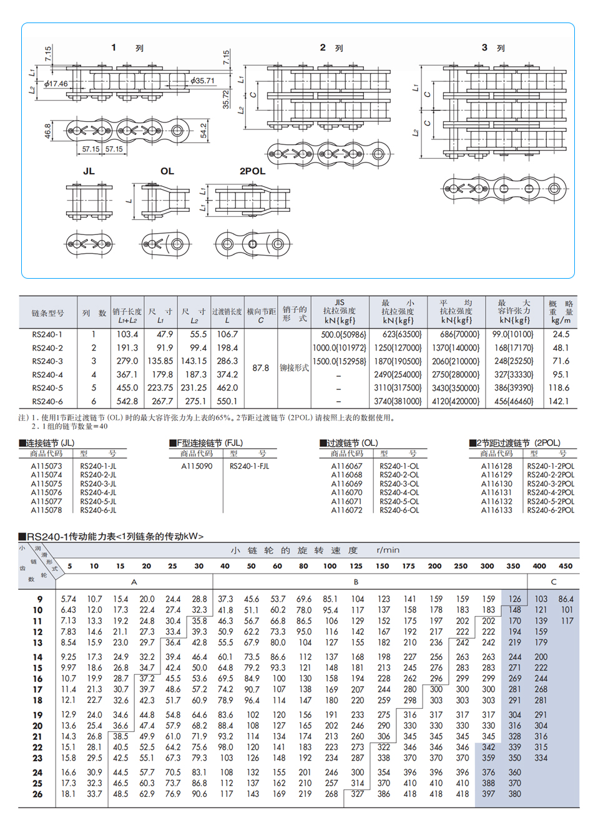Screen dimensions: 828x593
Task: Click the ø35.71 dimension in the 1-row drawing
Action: tap(203, 81)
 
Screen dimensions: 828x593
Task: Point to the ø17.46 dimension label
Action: tap(56, 84)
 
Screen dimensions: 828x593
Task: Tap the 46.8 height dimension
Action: tap(47, 131)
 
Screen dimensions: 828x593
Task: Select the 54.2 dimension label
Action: tap(203, 131)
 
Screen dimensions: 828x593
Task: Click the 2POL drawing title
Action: tap(252, 171)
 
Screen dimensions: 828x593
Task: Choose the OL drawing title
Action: tap(167, 171)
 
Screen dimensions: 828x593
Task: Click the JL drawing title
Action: tap(89, 171)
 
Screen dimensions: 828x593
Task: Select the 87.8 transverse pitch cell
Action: tap(260, 368)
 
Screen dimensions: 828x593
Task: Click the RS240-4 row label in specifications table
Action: tap(47, 375)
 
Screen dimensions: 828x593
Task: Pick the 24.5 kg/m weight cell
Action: tap(561, 334)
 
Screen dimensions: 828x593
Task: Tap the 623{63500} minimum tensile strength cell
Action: tap(398, 334)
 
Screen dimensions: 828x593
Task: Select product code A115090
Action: tap(197, 466)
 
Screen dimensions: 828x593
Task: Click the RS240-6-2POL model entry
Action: tap(551, 511)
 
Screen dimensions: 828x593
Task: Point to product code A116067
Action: tap(346, 466)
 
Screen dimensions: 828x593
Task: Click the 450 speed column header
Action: tap(566, 566)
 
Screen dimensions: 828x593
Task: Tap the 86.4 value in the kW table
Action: tap(566, 599)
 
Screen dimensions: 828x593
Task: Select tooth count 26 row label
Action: tap(37, 794)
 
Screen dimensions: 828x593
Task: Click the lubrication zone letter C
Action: tap(554, 582)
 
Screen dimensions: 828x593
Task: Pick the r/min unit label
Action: tap(388, 551)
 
